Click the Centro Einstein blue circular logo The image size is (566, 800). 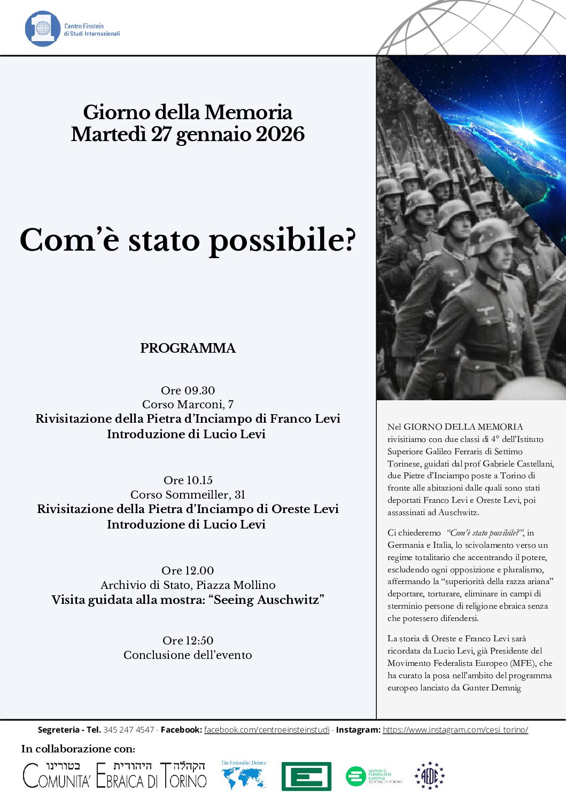point(42,28)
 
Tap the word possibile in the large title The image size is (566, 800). point(281,240)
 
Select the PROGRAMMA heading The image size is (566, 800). point(188,348)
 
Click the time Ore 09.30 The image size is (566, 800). point(188,391)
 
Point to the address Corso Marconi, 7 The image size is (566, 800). point(188,405)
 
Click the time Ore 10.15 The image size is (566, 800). point(188,480)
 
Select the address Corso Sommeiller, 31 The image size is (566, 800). point(188,495)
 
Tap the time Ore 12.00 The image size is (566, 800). point(188,571)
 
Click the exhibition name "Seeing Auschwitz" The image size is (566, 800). point(269,600)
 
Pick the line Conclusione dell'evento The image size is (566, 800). point(188,655)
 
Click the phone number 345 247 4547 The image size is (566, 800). point(129,730)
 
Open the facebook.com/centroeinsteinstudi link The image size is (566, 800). point(267,730)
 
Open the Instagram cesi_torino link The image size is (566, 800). point(455,730)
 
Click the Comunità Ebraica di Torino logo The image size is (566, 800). point(114,775)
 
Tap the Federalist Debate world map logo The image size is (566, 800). point(244,776)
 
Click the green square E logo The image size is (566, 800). point(306,776)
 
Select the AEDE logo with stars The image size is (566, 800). point(430,776)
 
